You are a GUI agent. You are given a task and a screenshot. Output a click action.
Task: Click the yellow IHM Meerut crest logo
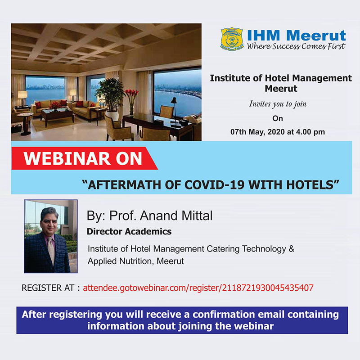click(232, 39)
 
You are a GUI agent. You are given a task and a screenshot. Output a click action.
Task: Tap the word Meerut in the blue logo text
click(316, 36)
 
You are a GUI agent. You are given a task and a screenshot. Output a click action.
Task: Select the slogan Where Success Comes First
click(296, 46)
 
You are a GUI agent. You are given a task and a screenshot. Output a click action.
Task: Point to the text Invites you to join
click(278, 104)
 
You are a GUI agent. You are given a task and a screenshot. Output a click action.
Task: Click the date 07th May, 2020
click(256, 132)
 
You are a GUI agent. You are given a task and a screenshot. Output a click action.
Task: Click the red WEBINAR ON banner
click(85, 158)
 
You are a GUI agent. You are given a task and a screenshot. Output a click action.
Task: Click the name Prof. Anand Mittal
click(161, 216)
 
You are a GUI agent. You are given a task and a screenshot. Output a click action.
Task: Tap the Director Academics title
click(129, 231)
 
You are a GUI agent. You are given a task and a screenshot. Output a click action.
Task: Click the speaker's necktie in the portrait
click(51, 250)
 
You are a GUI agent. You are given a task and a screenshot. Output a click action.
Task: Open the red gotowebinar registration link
click(198, 288)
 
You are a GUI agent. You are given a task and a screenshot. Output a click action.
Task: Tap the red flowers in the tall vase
click(132, 94)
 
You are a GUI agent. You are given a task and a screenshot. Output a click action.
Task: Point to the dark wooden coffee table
click(57, 116)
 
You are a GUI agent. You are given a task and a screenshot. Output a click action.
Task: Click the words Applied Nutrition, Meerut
click(136, 261)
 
